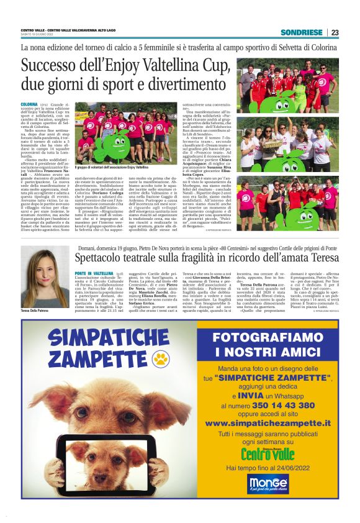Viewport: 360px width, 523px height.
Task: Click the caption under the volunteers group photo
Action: [x=111, y=167]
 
